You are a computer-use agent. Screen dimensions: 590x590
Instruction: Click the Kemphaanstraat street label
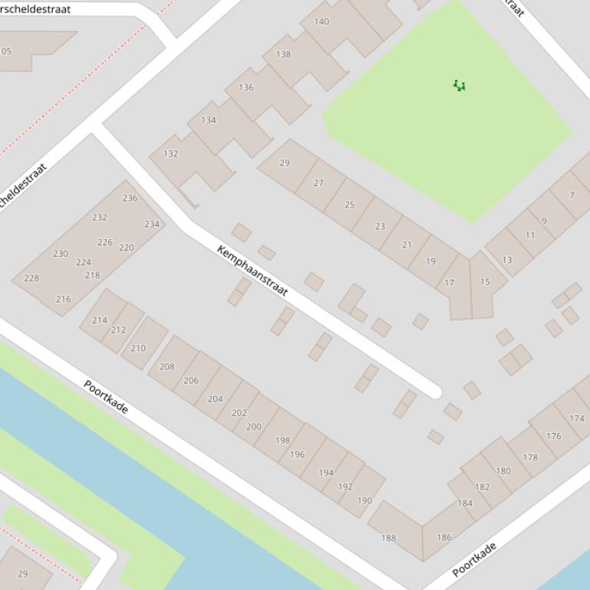click(x=252, y=270)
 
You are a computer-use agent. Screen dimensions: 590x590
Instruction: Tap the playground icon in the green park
click(x=459, y=85)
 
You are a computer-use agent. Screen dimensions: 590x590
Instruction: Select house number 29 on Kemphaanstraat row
click(x=285, y=163)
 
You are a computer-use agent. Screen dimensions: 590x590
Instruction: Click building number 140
click(x=321, y=21)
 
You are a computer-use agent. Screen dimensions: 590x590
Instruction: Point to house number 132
click(x=170, y=154)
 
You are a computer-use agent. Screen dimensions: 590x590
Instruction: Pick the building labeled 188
click(x=389, y=538)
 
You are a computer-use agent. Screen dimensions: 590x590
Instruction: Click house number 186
click(x=444, y=537)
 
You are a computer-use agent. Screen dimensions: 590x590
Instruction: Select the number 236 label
click(x=130, y=198)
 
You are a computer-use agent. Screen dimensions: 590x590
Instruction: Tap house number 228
click(x=31, y=278)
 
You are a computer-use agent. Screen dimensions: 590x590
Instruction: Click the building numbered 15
click(x=485, y=282)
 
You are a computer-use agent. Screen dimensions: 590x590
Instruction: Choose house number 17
click(x=450, y=283)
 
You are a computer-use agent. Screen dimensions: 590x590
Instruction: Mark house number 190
click(x=364, y=500)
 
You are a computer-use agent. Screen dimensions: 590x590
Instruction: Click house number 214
click(x=100, y=320)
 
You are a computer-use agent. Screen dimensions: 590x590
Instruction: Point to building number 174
click(x=577, y=418)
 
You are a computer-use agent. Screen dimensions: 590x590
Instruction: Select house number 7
click(x=572, y=195)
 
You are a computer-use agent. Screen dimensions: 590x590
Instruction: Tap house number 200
click(x=254, y=427)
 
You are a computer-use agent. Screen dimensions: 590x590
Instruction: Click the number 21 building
click(x=407, y=245)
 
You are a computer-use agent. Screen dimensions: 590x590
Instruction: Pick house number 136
click(x=246, y=87)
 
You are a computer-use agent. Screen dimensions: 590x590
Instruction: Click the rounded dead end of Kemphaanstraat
click(x=435, y=392)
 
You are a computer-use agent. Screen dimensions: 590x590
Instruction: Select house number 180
click(x=503, y=471)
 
